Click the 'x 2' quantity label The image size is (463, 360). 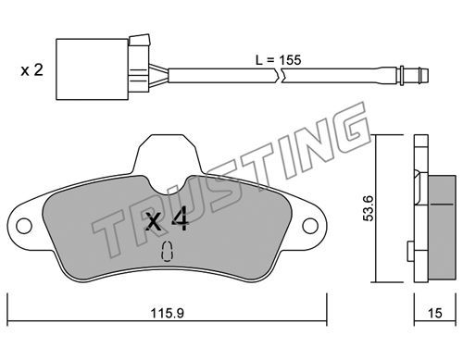(31, 70)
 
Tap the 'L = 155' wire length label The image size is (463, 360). (278, 60)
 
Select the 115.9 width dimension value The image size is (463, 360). (167, 314)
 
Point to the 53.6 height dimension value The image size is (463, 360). (369, 208)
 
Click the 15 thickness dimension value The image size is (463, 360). (435, 314)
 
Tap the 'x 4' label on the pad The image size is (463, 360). (167, 219)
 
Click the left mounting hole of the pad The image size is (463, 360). (24, 226)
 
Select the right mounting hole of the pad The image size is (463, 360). (310, 226)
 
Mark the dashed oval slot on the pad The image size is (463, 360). (167, 252)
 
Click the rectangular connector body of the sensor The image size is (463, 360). (92, 69)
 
